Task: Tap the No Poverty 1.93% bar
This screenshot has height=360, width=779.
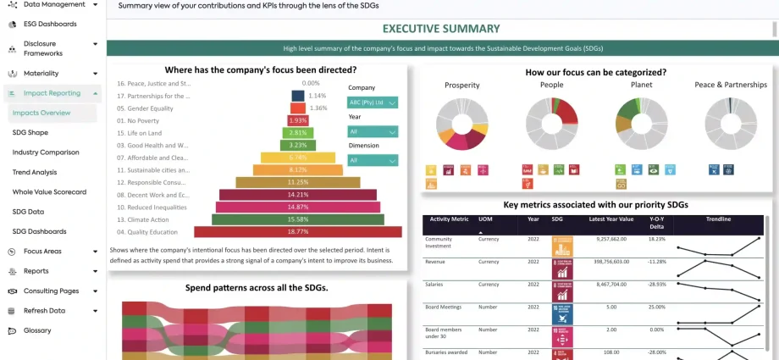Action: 297,120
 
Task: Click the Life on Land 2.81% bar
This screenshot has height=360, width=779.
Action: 297,133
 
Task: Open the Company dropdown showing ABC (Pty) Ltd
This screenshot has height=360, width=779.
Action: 373,102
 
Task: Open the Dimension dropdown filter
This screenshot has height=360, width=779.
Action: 373,160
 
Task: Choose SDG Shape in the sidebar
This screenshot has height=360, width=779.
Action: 30,133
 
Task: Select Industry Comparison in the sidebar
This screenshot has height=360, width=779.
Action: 46,152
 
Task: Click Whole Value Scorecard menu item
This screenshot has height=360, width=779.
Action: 49,192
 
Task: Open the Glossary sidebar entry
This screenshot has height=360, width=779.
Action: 37,330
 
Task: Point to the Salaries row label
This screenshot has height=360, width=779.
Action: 439,284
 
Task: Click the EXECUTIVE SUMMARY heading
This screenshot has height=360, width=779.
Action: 441,30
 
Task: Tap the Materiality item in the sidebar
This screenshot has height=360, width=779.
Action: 41,74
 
